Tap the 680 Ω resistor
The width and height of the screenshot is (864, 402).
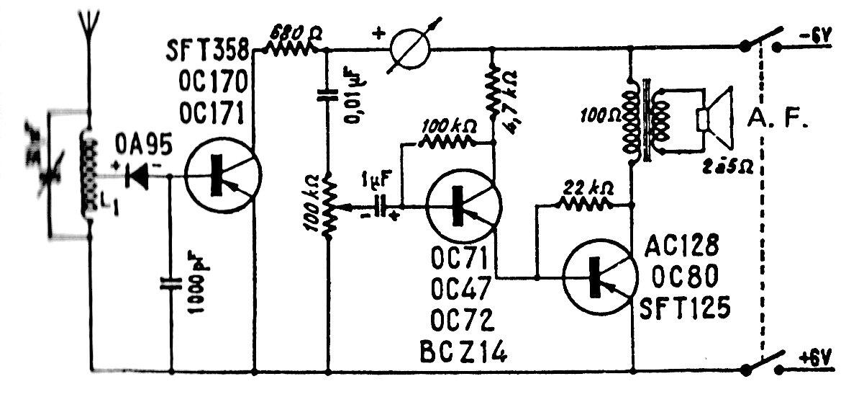(x=288, y=47)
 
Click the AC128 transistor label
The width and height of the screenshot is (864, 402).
(x=688, y=246)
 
